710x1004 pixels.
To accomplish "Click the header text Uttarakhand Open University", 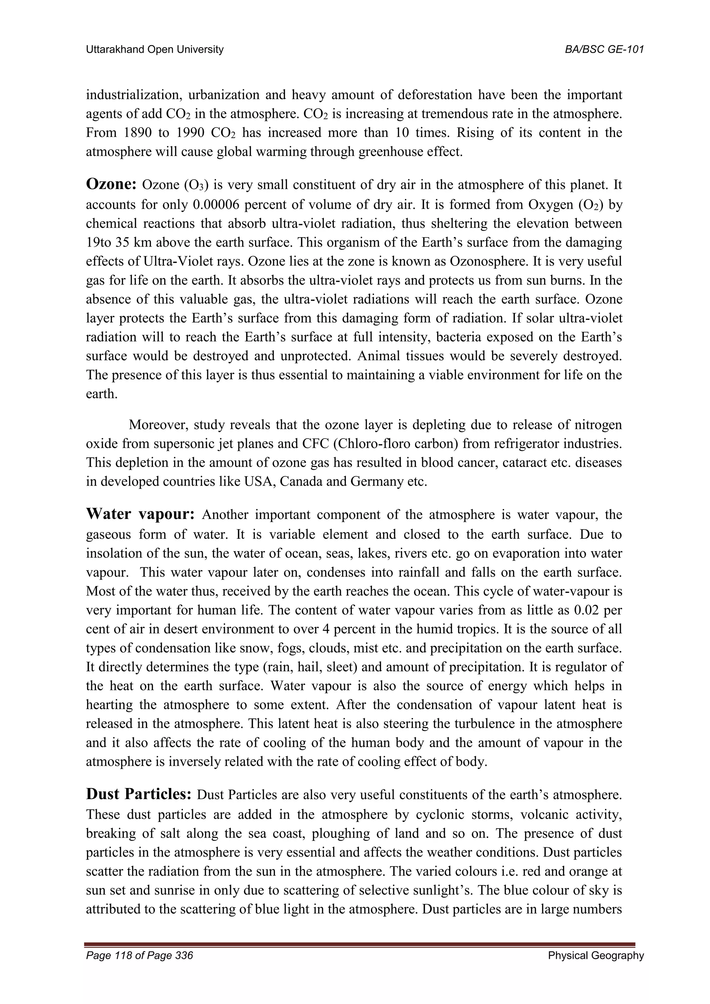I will pyautogui.click(x=154, y=50).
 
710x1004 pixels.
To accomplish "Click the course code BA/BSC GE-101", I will pyautogui.click(x=604, y=50).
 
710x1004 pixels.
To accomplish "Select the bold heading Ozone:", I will pyautogui.click(x=112, y=184).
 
